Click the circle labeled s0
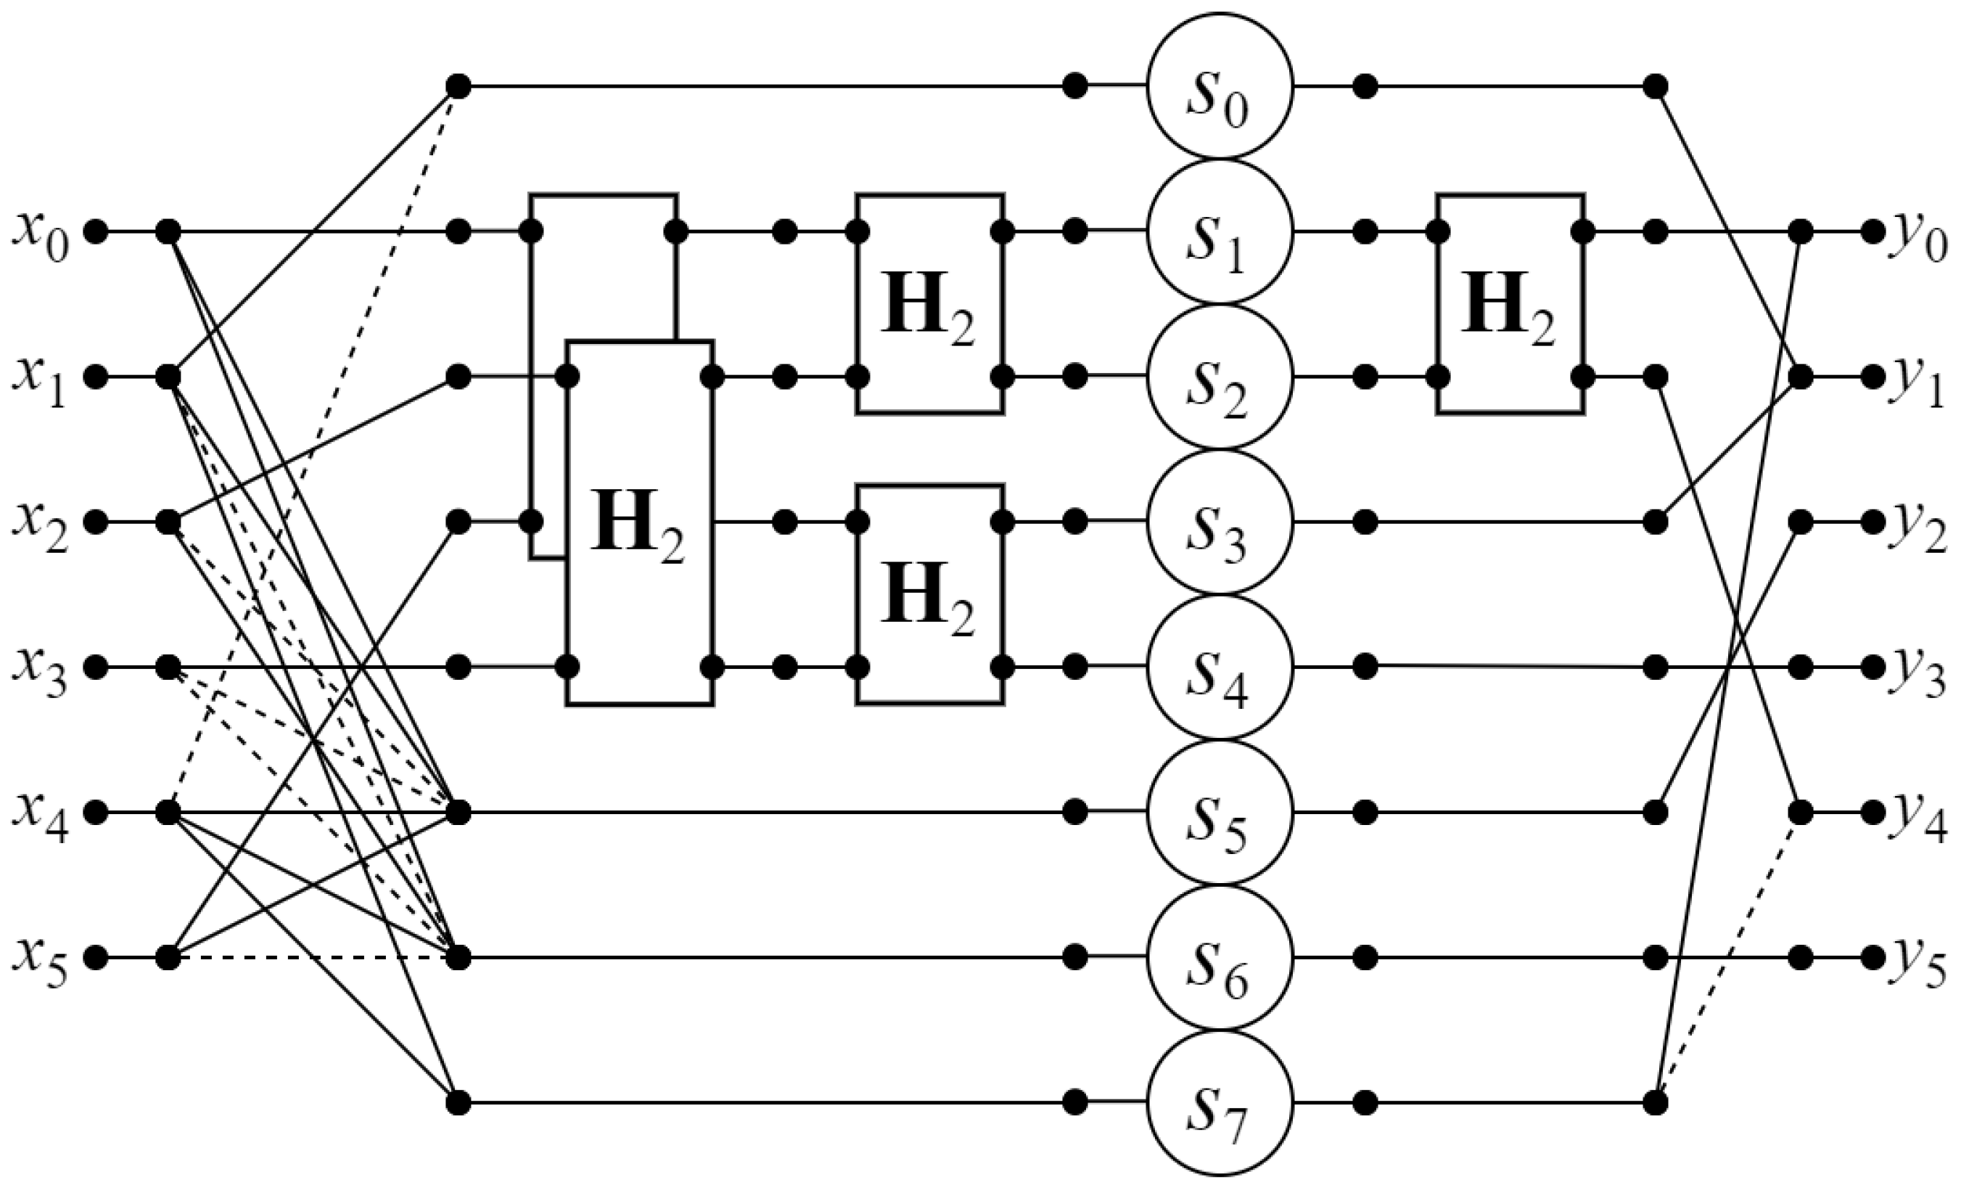click(x=1220, y=86)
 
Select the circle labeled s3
click(x=1220, y=522)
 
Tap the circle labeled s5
click(x=1220, y=812)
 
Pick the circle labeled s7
click(x=1220, y=1102)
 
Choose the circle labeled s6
click(x=1220, y=957)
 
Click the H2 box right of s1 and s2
click(x=1509, y=304)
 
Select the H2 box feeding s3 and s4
click(x=929, y=594)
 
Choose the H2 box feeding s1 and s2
click(x=929, y=304)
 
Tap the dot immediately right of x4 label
click(x=96, y=812)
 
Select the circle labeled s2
click(x=1220, y=377)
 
